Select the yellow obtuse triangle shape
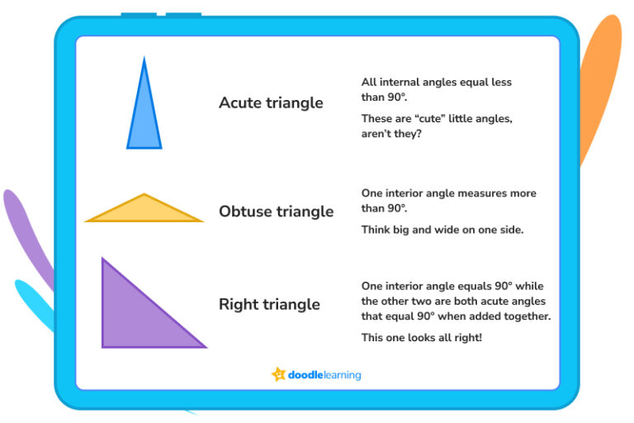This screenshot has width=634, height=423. pyautogui.click(x=144, y=211)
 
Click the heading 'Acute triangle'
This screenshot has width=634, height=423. pyautogui.click(x=271, y=103)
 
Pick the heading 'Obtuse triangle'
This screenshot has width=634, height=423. pyautogui.click(x=276, y=211)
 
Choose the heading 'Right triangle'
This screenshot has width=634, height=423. pyautogui.click(x=269, y=305)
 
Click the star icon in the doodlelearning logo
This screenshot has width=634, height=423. pyautogui.click(x=278, y=374)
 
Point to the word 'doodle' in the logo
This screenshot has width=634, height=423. pyautogui.click(x=306, y=375)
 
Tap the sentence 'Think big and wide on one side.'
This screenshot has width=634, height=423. pyautogui.click(x=442, y=230)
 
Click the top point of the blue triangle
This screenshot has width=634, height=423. pyautogui.click(x=144, y=59)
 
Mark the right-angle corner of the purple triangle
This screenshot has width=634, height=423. pyautogui.click(x=104, y=345)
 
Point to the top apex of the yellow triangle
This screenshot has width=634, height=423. pyautogui.click(x=144, y=195)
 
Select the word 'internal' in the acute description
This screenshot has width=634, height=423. pyautogui.click(x=401, y=83)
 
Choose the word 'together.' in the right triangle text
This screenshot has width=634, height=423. pyautogui.click(x=524, y=317)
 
